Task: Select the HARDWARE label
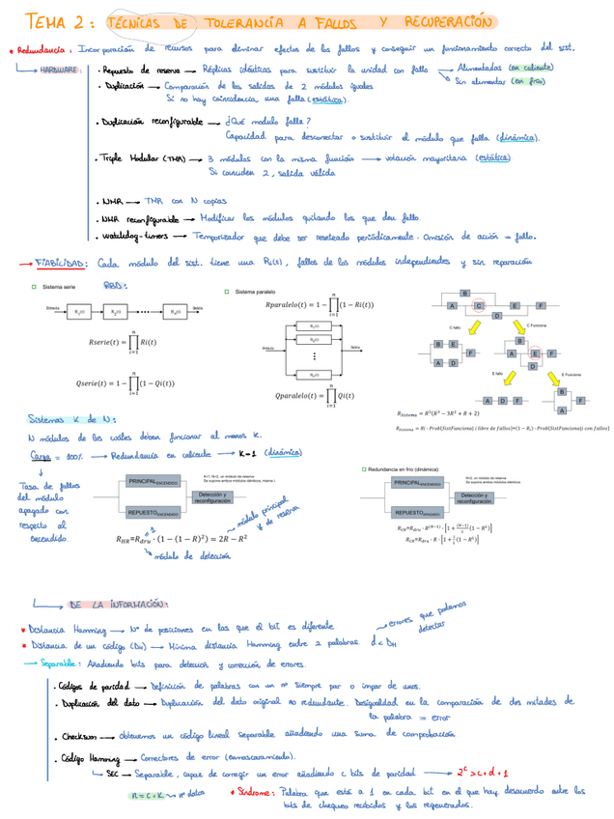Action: click(x=59, y=70)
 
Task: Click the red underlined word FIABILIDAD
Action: click(x=61, y=262)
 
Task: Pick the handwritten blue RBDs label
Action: click(x=115, y=286)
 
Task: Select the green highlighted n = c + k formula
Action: click(x=147, y=796)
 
